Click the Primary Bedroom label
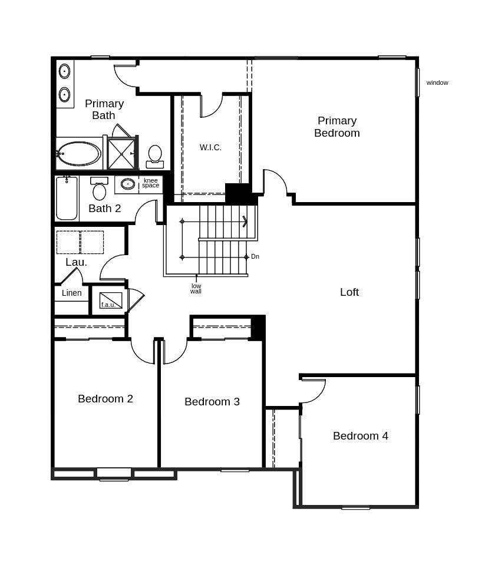coord(336,127)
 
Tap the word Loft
coord(349,292)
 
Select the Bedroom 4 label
coord(360,436)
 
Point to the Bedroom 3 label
coord(212,402)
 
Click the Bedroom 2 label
coord(105,399)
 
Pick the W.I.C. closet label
coord(210,147)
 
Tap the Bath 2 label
coord(104,209)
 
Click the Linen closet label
coord(71,293)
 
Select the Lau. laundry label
coord(76,262)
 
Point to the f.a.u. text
coord(108,305)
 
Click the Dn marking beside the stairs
coord(255,257)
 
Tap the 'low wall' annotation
coord(196,289)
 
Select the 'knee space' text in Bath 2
coord(150,183)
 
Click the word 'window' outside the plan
coord(437,82)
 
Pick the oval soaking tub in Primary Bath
coord(79,153)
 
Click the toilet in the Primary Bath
coord(155,156)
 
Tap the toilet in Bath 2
coord(99,189)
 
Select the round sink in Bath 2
coord(128,184)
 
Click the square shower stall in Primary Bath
coord(121,153)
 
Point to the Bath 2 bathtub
coord(67,198)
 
